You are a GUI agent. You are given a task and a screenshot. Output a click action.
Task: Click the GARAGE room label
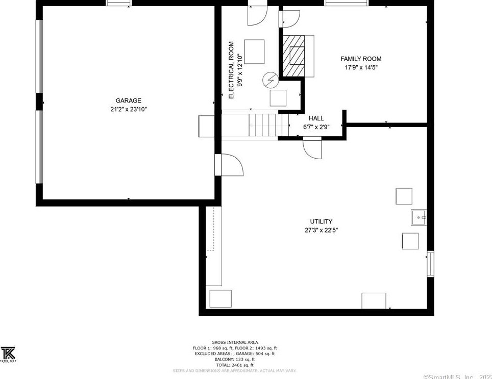(128, 100)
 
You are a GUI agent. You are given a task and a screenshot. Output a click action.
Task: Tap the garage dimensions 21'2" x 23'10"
(128, 109)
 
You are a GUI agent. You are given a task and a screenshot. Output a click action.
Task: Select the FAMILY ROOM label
(361, 59)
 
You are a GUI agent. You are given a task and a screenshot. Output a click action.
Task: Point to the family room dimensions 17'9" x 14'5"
(361, 67)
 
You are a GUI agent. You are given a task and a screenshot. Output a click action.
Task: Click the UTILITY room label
(321, 221)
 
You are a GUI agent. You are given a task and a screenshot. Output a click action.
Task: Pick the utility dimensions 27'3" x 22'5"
(321, 230)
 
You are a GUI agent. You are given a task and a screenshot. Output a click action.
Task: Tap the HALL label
(316, 118)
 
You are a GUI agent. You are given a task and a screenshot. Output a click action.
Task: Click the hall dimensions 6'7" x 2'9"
(316, 127)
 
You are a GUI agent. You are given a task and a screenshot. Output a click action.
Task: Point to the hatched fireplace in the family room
(294, 55)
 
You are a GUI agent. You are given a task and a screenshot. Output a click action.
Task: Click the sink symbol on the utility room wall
(419, 217)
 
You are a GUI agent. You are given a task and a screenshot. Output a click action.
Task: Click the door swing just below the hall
(312, 149)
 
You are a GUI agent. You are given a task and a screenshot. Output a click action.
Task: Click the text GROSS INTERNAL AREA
(235, 342)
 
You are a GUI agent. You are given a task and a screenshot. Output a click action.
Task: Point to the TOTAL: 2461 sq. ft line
(235, 365)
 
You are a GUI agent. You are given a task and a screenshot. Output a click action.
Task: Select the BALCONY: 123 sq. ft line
(235, 360)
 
